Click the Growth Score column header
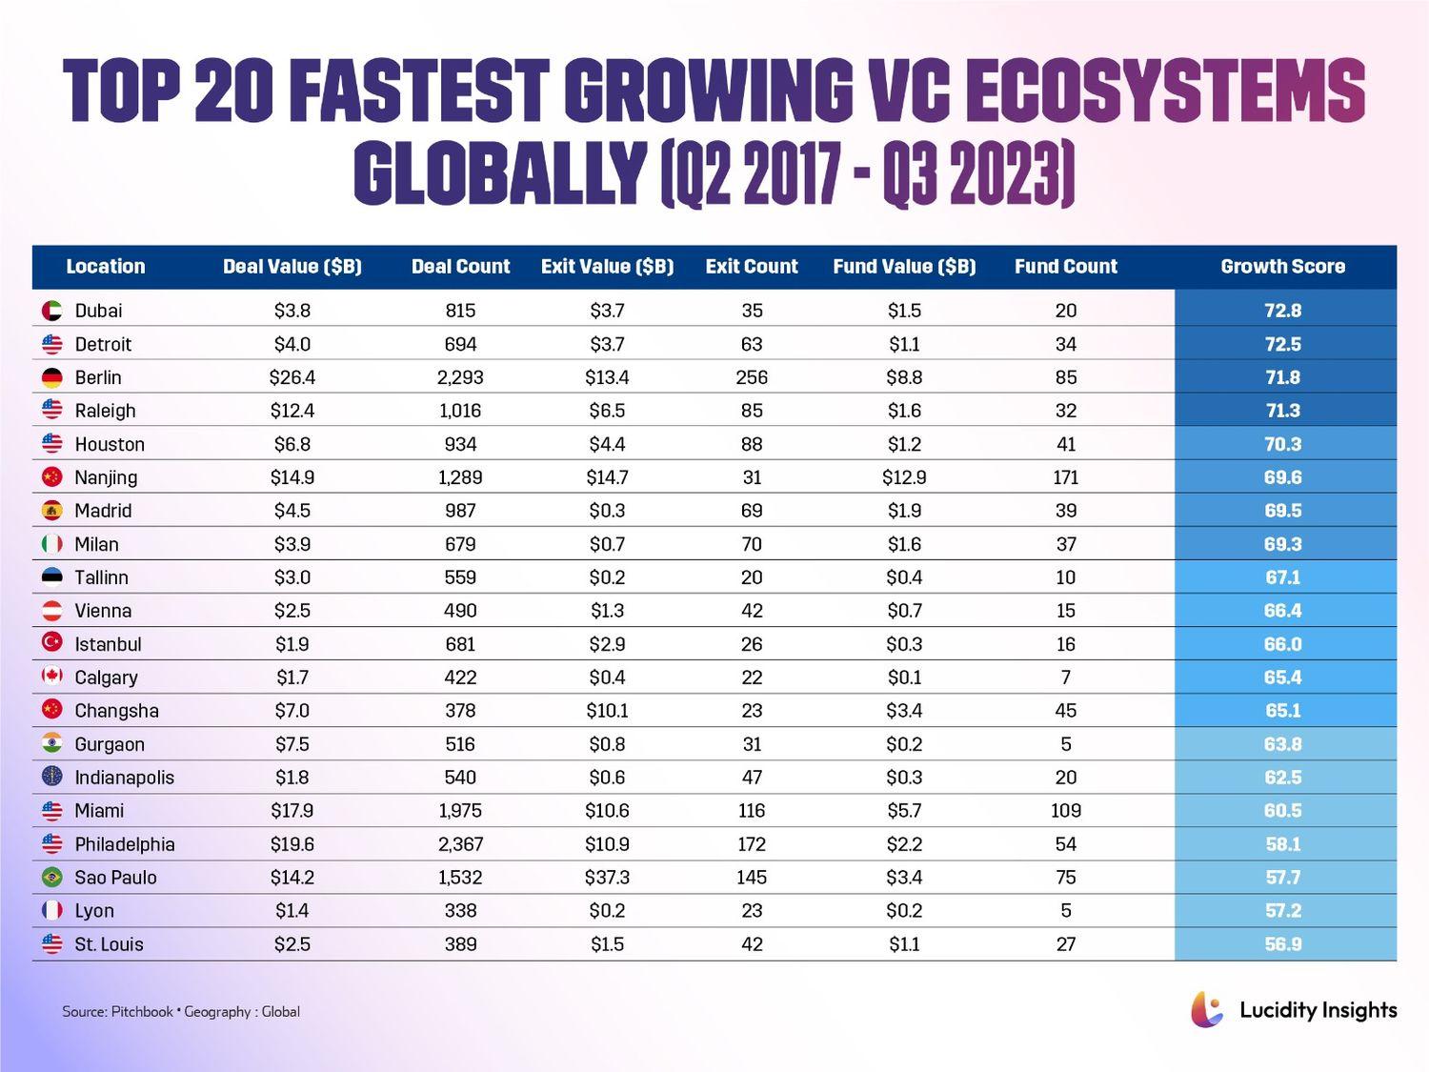(1282, 267)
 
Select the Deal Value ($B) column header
(292, 267)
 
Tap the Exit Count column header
(752, 267)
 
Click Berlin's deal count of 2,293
(460, 377)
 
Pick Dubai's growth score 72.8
(1282, 311)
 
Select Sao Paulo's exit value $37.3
(607, 878)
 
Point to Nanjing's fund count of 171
(1065, 477)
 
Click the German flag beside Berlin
(52, 377)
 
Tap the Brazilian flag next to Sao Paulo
(52, 878)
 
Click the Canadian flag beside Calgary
(52, 677)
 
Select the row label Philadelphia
(125, 844)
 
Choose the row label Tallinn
(101, 577)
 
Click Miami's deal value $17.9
(292, 811)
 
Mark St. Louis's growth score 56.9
(1282, 944)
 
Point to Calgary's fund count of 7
(1065, 678)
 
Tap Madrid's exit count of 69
(752, 511)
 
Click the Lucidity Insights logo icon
(1206, 1010)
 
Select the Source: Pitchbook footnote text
(181, 1012)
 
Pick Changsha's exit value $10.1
(607, 711)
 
